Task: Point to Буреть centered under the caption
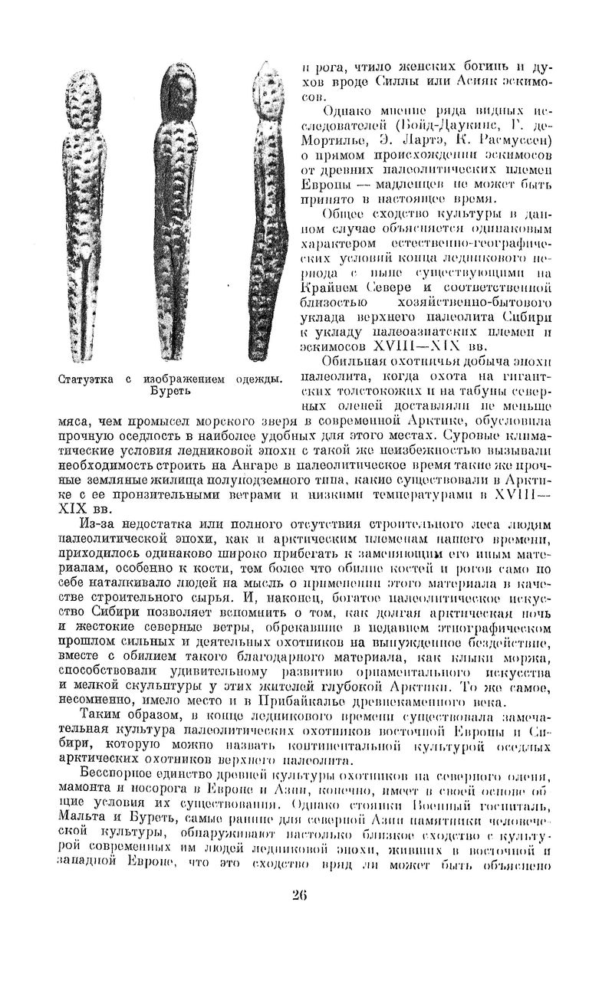click(x=169, y=391)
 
